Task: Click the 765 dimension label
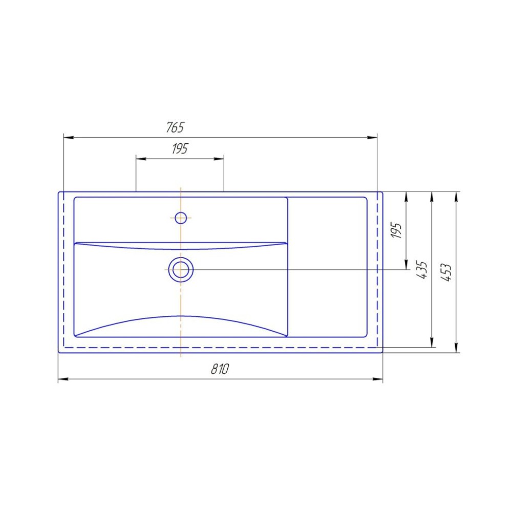pos(175,127)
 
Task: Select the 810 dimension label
pos(220,369)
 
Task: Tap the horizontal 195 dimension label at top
pos(180,148)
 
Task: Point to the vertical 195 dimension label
pos(396,230)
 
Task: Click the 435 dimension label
pos(422,270)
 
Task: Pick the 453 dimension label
pos(446,272)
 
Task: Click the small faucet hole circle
pos(181,218)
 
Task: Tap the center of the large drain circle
pos(181,269)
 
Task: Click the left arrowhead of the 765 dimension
pos(69,137)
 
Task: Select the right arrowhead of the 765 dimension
pos(372,137)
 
